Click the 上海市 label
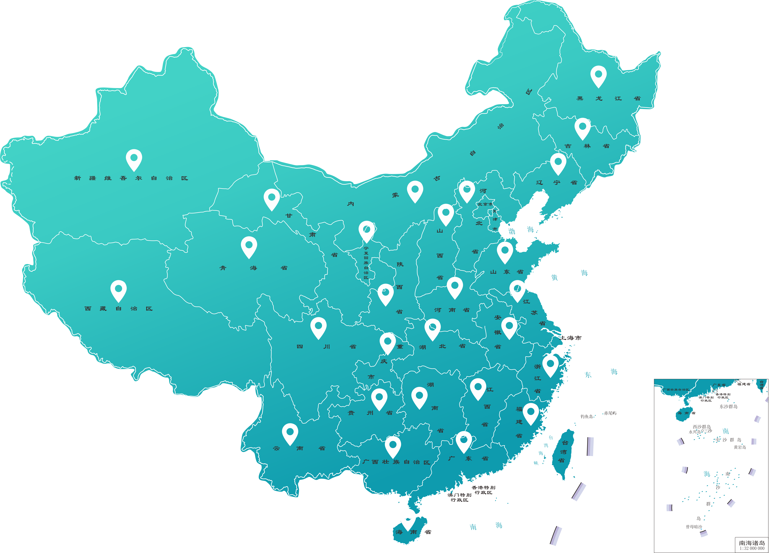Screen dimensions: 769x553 pyautogui.click(x=571, y=338)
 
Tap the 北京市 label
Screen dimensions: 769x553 pyautogui.click(x=485, y=204)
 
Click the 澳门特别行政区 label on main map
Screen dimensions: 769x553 pyautogui.click(x=459, y=497)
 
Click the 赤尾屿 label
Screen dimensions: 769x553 pyautogui.click(x=610, y=413)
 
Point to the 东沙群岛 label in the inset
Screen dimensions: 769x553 pyautogui.click(x=728, y=406)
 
